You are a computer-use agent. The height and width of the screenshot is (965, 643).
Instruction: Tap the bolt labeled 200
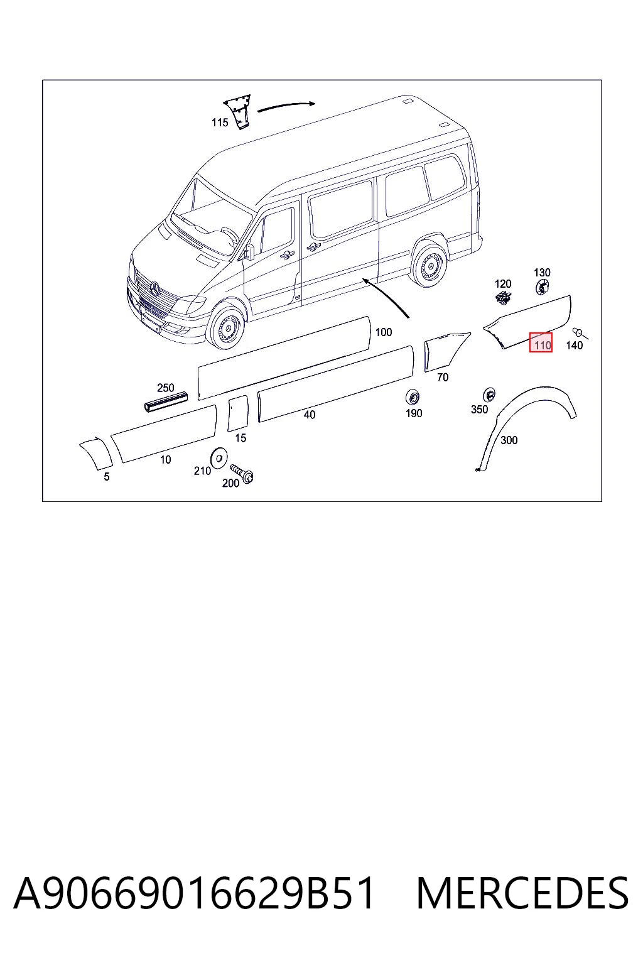click(x=242, y=473)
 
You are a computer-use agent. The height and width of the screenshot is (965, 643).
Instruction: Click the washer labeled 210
click(x=219, y=456)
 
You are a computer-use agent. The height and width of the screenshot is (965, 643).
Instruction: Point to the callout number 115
click(x=220, y=123)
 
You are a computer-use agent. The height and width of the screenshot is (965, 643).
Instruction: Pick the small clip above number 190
click(x=413, y=396)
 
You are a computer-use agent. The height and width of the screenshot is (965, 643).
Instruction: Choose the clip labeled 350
click(x=489, y=395)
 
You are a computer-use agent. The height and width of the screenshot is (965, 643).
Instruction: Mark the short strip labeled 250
click(x=166, y=402)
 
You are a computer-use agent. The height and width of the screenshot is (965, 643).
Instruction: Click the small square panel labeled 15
click(x=238, y=413)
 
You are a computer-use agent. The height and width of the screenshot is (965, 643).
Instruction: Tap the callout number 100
click(x=384, y=332)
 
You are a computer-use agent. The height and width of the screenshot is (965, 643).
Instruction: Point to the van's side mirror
click(x=249, y=251)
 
